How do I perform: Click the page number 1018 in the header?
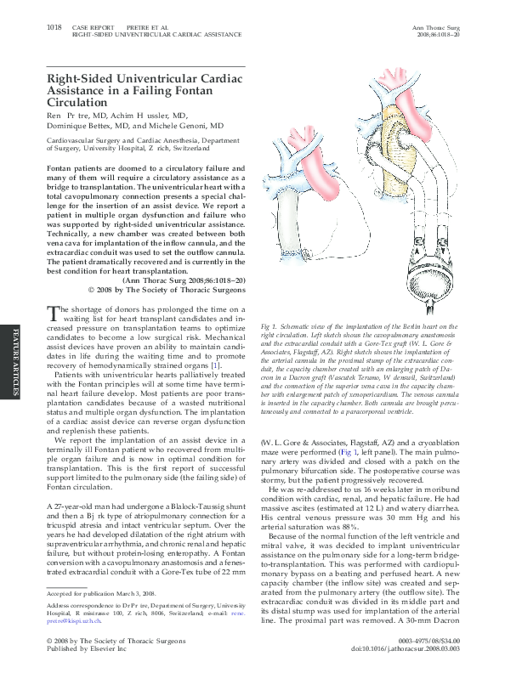[54, 28]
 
